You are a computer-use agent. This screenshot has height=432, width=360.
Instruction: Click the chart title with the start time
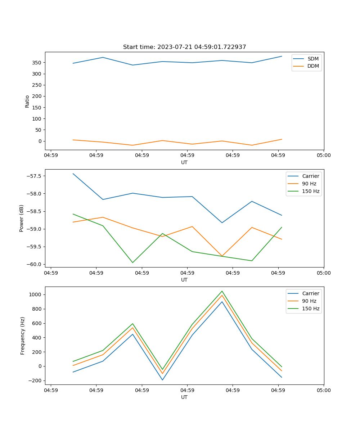[x=184, y=47]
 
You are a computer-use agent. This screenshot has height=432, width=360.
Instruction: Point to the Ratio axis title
[x=27, y=101]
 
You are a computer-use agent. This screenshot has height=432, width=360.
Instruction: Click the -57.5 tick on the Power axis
[x=33, y=176]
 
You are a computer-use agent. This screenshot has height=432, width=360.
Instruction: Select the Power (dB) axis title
[x=22, y=218]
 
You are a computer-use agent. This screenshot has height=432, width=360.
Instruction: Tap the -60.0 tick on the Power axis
[x=33, y=264]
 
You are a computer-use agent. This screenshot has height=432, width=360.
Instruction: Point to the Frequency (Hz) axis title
[x=23, y=336]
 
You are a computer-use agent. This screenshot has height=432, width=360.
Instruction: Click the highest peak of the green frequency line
[x=222, y=291]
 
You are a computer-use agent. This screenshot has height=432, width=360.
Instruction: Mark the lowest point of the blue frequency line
[x=162, y=380]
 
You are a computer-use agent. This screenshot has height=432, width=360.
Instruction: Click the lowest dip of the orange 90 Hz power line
[x=222, y=256]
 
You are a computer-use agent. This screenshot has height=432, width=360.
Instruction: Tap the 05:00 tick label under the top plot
[x=323, y=156]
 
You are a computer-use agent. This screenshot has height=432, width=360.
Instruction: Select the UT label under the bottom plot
[x=184, y=397]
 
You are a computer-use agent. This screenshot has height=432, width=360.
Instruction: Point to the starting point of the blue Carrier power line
[x=73, y=174]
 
